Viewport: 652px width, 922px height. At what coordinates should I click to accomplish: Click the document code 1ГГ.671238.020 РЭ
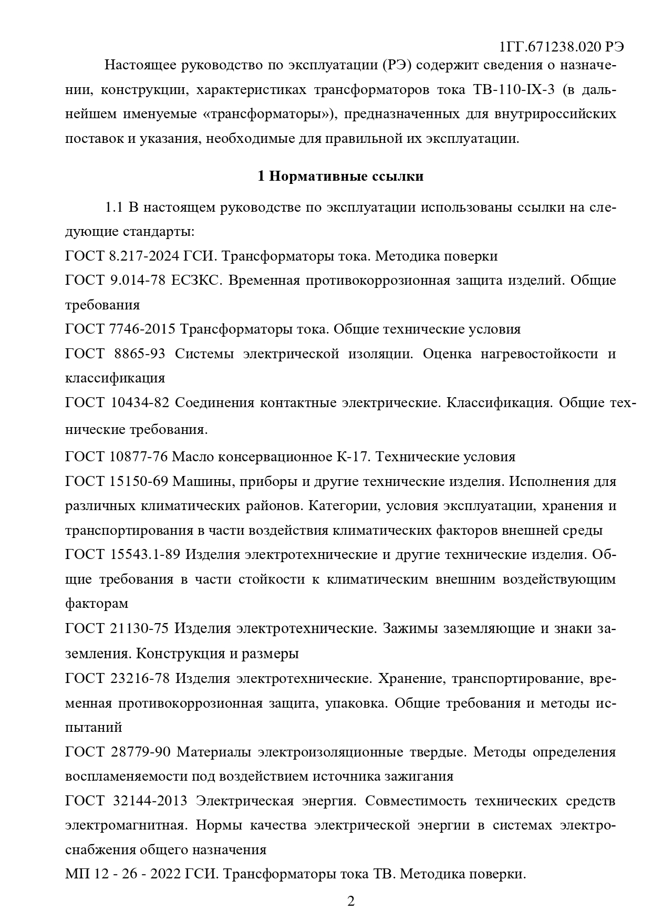point(562,46)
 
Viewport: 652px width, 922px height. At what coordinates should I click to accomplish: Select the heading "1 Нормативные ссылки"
point(340,177)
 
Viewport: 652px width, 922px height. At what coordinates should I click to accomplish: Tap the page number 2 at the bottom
point(351,901)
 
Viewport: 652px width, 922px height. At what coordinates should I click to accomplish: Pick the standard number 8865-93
point(139,354)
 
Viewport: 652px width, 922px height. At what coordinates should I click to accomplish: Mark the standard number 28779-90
point(140,752)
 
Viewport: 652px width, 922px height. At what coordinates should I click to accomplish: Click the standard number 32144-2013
point(150,801)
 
